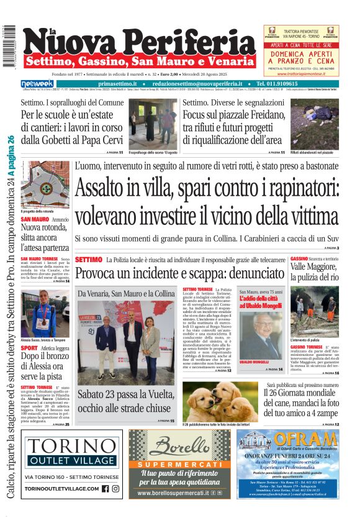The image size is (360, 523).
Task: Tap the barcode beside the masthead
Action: [x=9, y=47]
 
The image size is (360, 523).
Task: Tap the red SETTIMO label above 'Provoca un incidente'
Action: [x=88, y=259]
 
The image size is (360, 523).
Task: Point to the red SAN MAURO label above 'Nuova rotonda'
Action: [x=35, y=219]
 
